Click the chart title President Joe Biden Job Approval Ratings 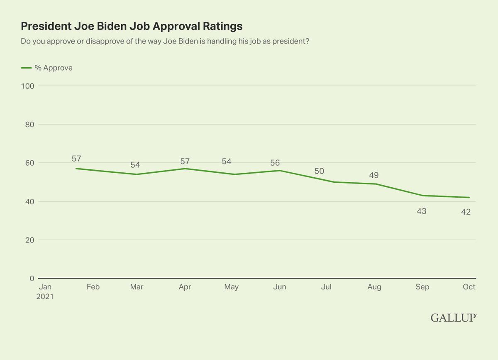point(132,26)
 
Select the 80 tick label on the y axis point(29,125)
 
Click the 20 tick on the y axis point(29,240)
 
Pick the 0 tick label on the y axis point(32,279)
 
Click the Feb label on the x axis point(93,287)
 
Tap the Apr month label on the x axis point(184,287)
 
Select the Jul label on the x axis point(326,287)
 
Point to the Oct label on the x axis point(469,287)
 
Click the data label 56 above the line point(275,163)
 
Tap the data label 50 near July point(319,171)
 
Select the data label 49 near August point(373,175)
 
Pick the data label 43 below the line point(421,211)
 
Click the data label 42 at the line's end point(465,211)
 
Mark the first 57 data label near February point(76,159)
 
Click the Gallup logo point(454,318)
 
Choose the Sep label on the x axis point(422,287)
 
